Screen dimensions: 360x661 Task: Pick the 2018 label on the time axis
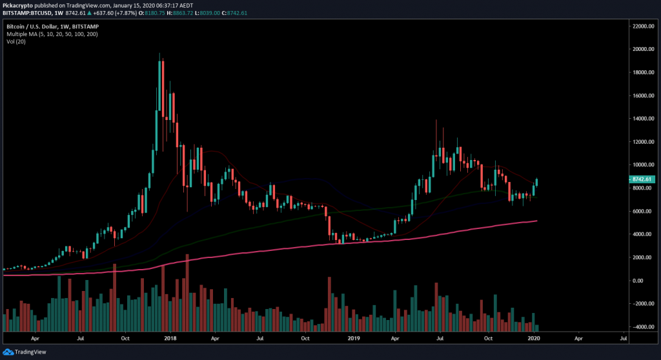click(170, 337)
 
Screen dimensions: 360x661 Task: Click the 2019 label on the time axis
click(353, 337)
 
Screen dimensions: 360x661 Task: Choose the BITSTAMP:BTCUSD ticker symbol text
click(26, 12)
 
